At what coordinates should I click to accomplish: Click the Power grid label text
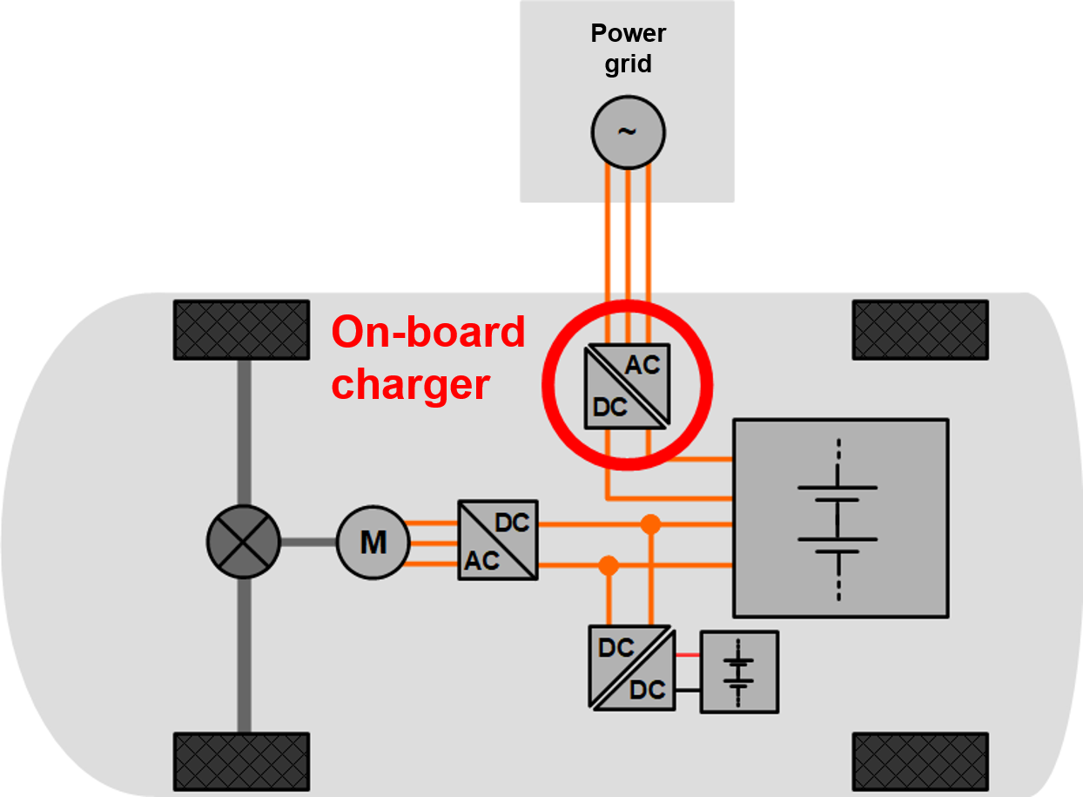point(628,49)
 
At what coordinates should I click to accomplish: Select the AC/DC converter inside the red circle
point(628,385)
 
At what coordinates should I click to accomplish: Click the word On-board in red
point(428,332)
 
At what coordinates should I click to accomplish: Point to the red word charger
point(411,383)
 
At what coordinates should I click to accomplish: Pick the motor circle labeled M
point(373,542)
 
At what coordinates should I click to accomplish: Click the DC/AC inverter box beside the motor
point(498,540)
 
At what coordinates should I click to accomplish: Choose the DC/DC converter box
point(631,668)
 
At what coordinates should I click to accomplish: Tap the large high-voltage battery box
point(840,518)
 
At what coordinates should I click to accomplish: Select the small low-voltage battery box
point(739,672)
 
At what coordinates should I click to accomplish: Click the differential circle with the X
point(244,542)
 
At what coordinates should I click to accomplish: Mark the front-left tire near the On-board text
point(241,329)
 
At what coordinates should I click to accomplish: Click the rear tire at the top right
point(920,329)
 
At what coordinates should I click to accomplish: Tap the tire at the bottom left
point(241,761)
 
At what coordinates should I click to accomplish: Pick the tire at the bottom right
point(920,761)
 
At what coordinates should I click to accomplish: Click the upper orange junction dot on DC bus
point(649,524)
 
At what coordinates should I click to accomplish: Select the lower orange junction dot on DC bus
point(609,565)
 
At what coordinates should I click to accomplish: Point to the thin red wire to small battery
point(688,655)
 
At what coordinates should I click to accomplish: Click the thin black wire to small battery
point(688,690)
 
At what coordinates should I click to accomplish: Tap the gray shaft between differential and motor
point(308,542)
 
